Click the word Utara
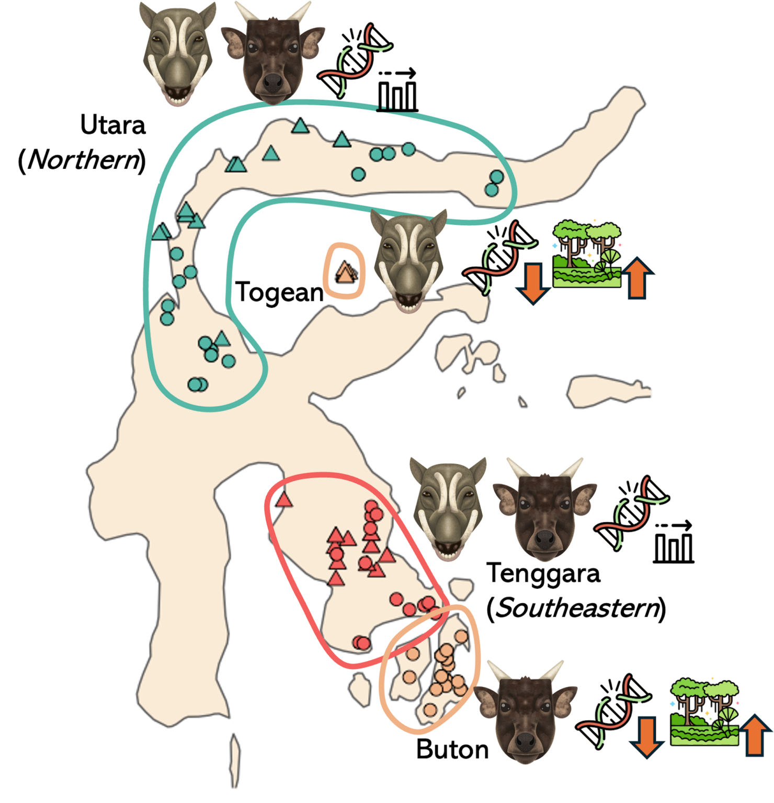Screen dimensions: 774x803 [x=113, y=125]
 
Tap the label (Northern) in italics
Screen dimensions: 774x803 [x=82, y=159]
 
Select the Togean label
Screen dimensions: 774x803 [x=279, y=292]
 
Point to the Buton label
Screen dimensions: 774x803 [x=452, y=750]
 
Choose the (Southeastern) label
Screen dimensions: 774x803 [x=576, y=608]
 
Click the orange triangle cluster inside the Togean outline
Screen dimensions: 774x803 [x=346, y=271]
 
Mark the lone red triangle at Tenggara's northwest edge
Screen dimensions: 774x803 [x=284, y=500]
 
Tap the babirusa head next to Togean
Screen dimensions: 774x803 [x=409, y=260]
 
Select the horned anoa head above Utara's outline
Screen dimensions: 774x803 [x=272, y=52]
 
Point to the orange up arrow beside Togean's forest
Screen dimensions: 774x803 [x=638, y=278]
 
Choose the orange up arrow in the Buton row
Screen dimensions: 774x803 [x=755, y=735]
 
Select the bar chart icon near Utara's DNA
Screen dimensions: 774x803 [x=397, y=90]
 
